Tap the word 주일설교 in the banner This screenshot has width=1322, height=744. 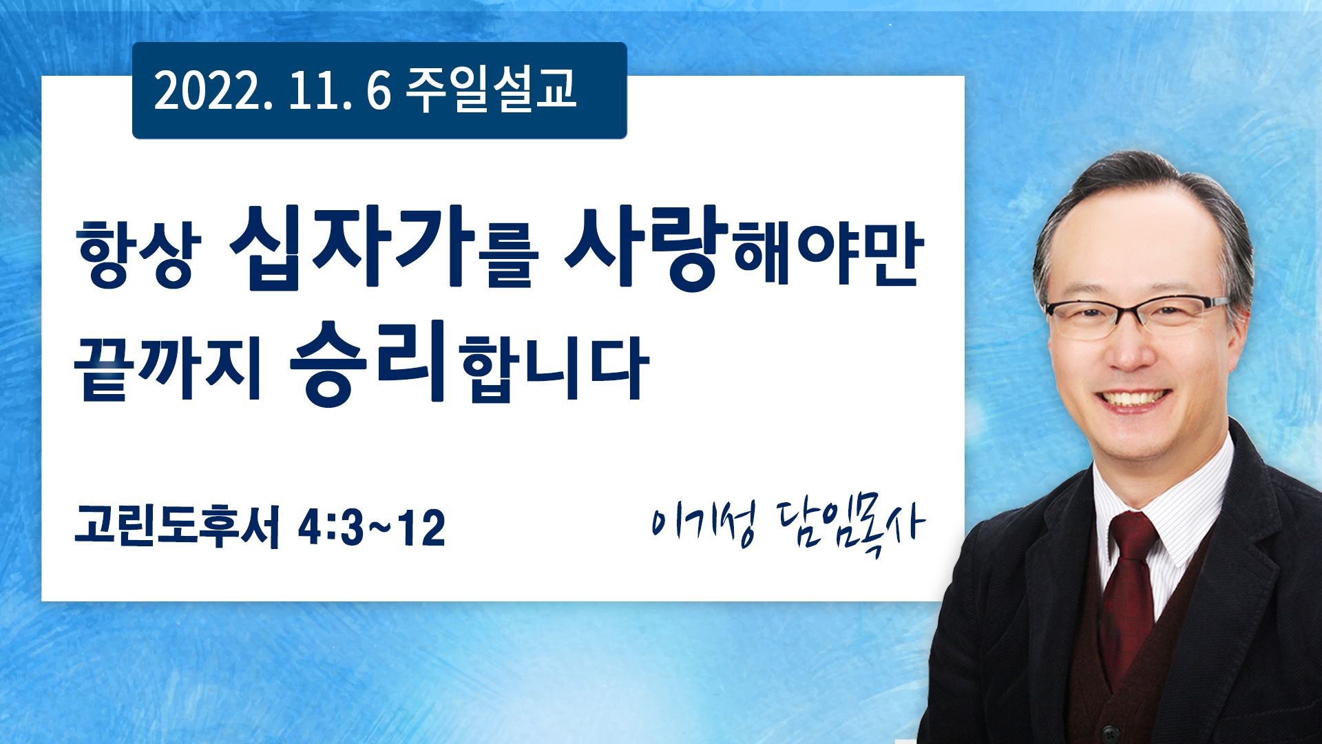[x=491, y=90]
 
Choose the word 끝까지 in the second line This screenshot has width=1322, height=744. [x=167, y=369]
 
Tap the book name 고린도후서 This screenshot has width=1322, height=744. [x=178, y=526]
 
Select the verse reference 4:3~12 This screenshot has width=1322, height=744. [x=371, y=528]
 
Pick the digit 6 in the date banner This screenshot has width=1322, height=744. [x=379, y=91]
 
